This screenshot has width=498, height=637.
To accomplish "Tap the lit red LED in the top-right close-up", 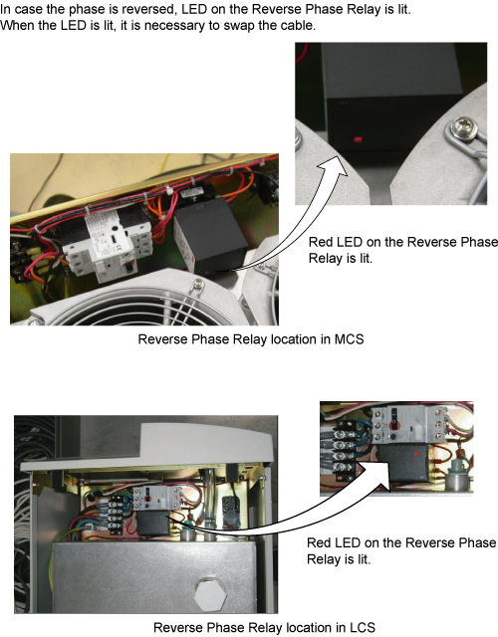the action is pyautogui.click(x=359, y=139).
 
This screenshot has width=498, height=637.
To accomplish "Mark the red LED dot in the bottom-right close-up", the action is pyautogui.click(x=416, y=453).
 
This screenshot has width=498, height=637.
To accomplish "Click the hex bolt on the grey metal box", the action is pyautogui.click(x=210, y=595).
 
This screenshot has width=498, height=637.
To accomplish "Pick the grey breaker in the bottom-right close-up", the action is pyautogui.click(x=408, y=424).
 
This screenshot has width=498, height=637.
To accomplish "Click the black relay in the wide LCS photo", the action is pyautogui.click(x=152, y=523).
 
